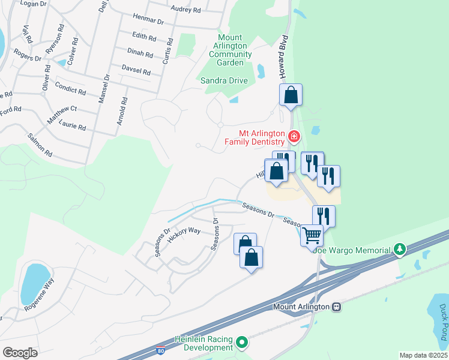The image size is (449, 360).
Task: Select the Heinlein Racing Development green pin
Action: pos(242,343)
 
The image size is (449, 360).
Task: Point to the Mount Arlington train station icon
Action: pos(336,307)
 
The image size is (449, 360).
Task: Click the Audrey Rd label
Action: pos(185,10)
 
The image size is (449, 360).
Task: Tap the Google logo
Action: pos(20,352)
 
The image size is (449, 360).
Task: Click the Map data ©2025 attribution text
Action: pos(423,355)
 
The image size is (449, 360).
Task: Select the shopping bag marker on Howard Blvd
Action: pos(291,95)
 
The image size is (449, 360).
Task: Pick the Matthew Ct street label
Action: pos(62,113)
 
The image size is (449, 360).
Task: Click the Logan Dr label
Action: pos(33,4)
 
